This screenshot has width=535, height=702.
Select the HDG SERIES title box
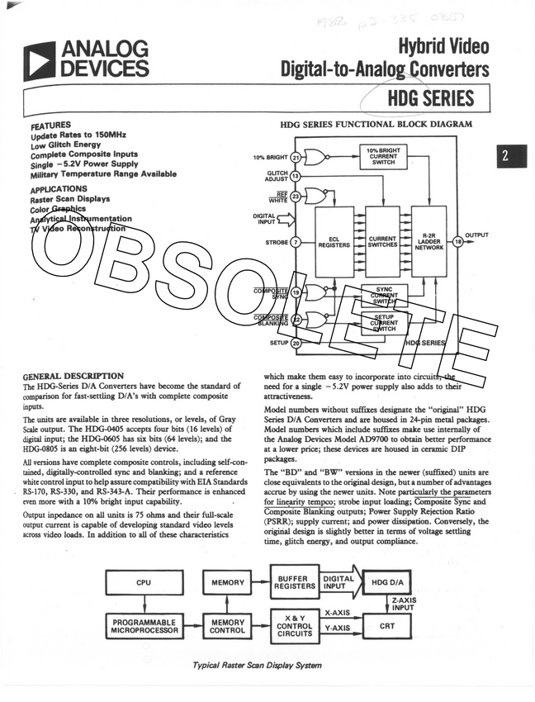point(431,99)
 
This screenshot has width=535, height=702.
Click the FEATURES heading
point(50,125)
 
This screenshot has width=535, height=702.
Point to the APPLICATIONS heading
point(59,189)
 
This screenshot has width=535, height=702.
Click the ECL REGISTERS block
point(334,241)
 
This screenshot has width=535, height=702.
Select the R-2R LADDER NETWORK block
point(429,241)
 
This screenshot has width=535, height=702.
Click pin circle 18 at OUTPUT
point(457,241)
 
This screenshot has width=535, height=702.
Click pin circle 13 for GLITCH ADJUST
point(296,176)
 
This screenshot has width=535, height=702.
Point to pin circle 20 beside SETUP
point(296,342)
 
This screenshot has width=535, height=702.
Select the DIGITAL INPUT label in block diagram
point(264,218)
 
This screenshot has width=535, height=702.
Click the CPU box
point(143,583)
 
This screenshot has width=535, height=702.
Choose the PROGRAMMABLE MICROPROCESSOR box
point(144,624)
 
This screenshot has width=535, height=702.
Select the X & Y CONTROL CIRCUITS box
point(294,625)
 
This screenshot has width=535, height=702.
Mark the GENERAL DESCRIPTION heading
point(73,376)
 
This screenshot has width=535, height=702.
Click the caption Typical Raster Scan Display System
point(257,666)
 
